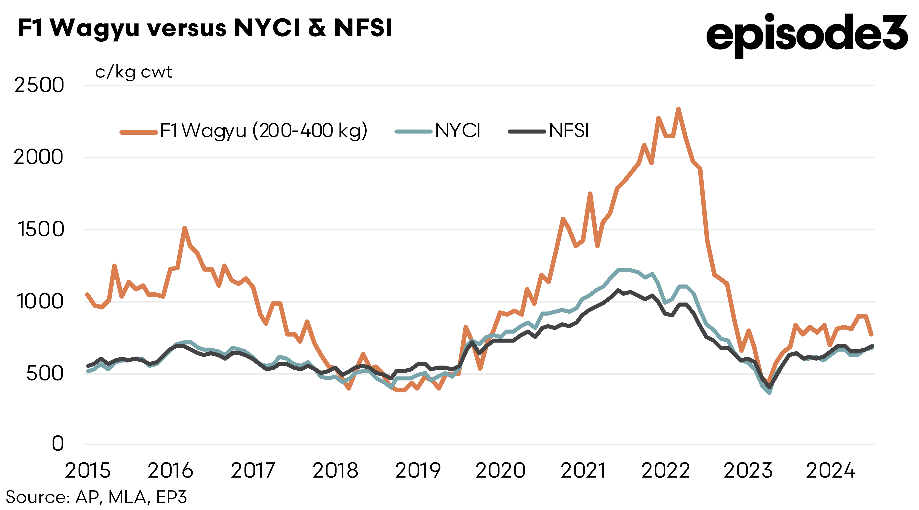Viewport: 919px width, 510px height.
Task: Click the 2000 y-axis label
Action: [39, 157]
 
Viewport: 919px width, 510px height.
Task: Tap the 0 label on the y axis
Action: [58, 444]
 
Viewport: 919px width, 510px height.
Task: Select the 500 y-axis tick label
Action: [45, 374]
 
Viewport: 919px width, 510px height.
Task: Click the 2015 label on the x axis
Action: [88, 470]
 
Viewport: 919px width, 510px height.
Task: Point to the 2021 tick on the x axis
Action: [583, 470]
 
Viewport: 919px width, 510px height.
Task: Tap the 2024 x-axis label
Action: [831, 470]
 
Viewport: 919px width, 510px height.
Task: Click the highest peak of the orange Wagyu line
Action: [678, 109]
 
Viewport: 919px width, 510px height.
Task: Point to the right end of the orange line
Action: [871, 334]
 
